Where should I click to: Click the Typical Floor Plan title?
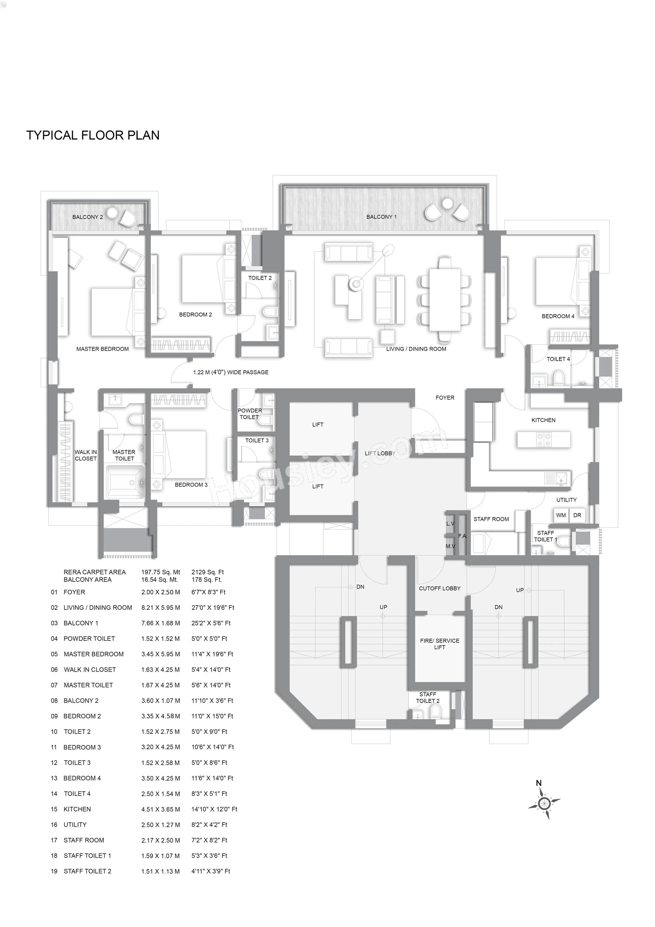pos(93,135)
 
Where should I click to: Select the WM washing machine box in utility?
pos(561,515)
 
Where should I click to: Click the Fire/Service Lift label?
pos(439,644)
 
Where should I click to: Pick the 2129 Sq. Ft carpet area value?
pos(208,572)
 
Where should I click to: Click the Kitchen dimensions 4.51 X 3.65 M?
pos(161,809)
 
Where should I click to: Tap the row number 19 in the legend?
pos(54,871)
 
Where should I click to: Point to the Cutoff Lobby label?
pos(439,588)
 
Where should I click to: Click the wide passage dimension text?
pos(231,372)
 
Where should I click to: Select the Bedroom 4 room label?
pos(558,316)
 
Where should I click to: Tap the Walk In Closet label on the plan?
pos(86,455)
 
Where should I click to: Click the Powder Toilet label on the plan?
pos(249,413)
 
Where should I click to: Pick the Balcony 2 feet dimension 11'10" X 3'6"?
pos(212,700)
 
